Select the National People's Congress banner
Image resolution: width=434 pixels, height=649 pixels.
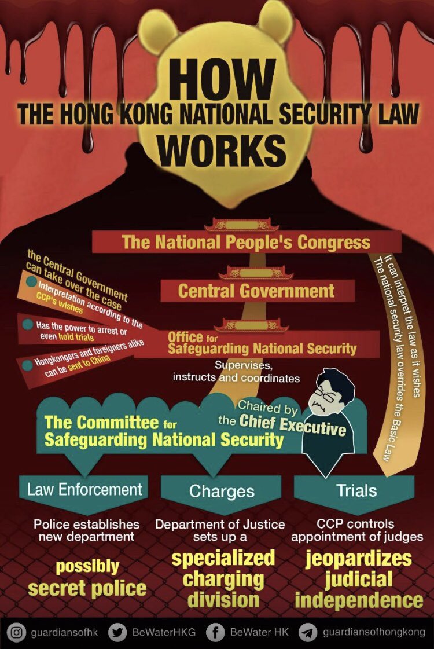tap(246, 242)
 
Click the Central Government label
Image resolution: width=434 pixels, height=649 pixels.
tap(256, 291)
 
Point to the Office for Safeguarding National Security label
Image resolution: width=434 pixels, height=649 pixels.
tap(262, 343)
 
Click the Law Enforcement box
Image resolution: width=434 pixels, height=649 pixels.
tap(84, 490)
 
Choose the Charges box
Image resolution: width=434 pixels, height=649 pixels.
tap(222, 492)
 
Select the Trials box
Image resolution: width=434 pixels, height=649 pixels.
tap(356, 491)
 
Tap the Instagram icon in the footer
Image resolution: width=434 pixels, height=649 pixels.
tap(19, 632)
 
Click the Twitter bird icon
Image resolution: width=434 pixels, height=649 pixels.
tap(117, 632)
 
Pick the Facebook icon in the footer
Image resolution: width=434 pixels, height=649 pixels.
tap(215, 632)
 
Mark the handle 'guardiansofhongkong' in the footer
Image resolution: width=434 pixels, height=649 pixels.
tap(374, 632)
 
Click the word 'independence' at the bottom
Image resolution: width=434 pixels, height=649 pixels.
tap(359, 600)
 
